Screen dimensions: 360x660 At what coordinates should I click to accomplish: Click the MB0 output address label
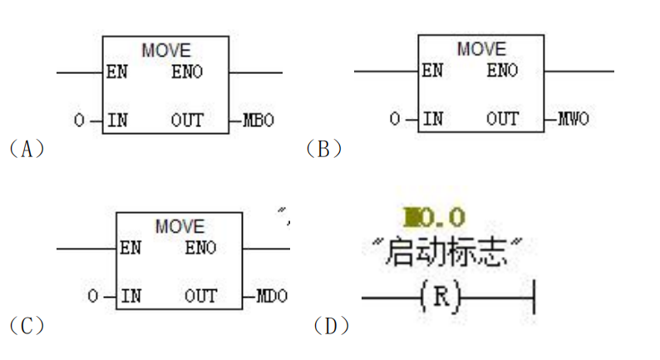click(259, 121)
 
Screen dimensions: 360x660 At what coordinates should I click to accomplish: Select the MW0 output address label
click(573, 119)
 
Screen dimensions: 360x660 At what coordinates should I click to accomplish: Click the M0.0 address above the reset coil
click(434, 218)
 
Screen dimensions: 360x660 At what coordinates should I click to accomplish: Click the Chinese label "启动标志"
click(447, 253)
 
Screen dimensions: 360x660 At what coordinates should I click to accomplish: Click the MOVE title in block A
click(165, 51)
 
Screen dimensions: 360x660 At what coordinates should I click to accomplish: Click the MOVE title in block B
click(481, 49)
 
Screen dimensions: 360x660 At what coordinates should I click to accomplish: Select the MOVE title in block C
click(179, 226)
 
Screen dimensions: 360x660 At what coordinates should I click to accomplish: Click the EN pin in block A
click(117, 72)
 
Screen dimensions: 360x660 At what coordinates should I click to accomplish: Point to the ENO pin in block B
click(502, 71)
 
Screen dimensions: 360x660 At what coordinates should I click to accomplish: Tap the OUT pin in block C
click(199, 296)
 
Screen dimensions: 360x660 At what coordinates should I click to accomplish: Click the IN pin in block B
click(432, 119)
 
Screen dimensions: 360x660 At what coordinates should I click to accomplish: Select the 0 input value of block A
click(79, 121)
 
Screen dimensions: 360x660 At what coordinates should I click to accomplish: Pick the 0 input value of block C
click(92, 297)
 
